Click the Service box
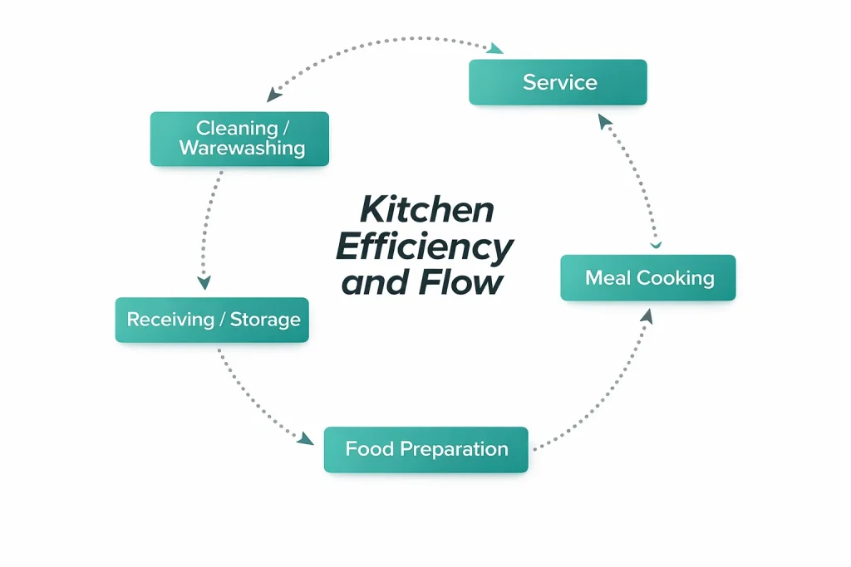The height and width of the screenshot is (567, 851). click(558, 82)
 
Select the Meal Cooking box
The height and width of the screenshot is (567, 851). click(648, 277)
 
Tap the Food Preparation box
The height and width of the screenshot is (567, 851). click(425, 450)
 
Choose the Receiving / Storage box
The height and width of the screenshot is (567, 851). click(212, 320)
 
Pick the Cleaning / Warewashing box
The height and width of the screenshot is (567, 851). click(239, 139)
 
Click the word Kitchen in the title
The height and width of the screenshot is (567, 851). click(427, 208)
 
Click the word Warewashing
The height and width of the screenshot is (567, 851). click(242, 149)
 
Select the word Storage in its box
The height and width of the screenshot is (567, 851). click(265, 320)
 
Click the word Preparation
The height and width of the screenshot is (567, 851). click(454, 450)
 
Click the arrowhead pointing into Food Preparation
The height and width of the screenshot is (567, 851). click(307, 437)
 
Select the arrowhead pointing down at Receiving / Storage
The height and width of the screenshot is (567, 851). click(204, 282)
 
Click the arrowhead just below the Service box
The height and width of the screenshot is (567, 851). click(604, 121)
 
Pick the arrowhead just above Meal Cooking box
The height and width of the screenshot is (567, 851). click(656, 244)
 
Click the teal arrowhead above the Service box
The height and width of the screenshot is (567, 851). click(495, 49)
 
